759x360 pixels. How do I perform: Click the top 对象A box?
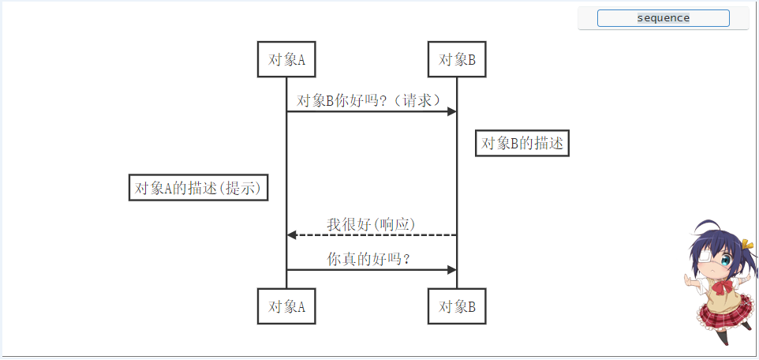point(286,59)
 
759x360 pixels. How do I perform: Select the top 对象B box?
point(457,59)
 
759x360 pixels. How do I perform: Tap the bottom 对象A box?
point(286,306)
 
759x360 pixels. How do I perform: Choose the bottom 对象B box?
point(457,306)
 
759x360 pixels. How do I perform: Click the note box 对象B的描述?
point(522,143)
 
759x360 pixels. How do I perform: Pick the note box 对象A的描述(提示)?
point(198,188)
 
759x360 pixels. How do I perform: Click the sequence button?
point(663,18)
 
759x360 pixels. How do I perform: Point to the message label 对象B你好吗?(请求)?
point(368,100)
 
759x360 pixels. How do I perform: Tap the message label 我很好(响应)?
point(371,224)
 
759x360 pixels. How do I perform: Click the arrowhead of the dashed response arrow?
point(291,234)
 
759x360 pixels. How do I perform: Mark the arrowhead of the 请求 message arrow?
point(452,111)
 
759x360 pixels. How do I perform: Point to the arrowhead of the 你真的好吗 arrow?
point(452,269)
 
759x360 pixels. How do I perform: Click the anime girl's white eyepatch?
point(705,257)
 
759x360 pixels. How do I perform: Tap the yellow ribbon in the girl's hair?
point(746,246)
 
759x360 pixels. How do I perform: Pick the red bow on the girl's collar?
point(717,281)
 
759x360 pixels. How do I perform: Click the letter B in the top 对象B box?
point(471,59)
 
